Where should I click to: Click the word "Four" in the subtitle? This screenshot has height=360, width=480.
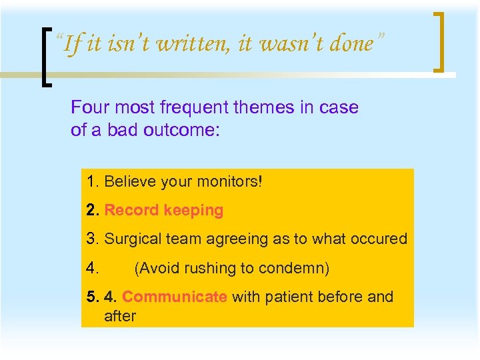click(89, 107)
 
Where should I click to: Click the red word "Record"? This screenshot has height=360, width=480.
click(132, 211)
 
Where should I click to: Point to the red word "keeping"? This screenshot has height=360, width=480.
click(194, 211)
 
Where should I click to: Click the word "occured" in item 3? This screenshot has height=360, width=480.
click(379, 239)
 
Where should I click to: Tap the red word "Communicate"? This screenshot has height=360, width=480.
click(175, 297)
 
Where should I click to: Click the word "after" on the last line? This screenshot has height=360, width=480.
click(120, 315)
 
